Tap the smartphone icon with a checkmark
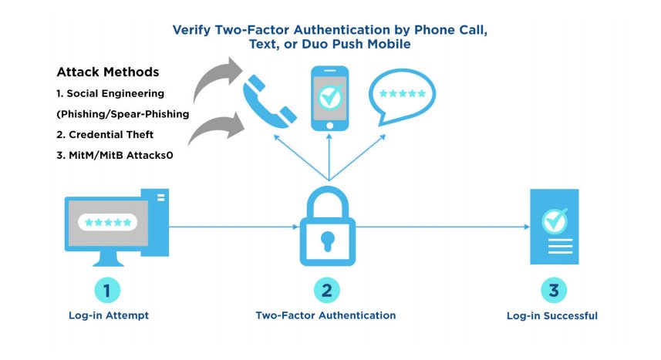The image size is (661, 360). [x=330, y=99]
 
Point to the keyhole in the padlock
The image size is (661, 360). [x=328, y=238]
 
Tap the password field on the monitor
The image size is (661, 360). [x=108, y=223]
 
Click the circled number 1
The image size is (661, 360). [x=108, y=291]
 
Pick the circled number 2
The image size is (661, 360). [x=327, y=291]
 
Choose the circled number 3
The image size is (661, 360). [x=553, y=291]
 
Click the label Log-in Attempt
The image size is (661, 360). [x=108, y=316]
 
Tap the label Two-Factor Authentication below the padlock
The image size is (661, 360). [x=325, y=316]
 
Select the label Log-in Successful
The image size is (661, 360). [x=551, y=316]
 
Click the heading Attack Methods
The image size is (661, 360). [x=108, y=72]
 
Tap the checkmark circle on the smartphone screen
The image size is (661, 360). [x=330, y=97]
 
